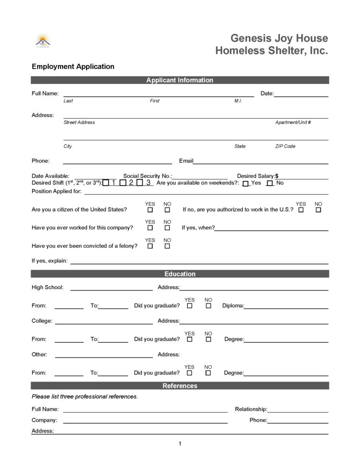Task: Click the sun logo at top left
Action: (x=43, y=40)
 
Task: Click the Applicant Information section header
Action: (x=180, y=80)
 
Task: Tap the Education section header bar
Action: (x=180, y=274)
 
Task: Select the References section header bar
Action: (x=180, y=386)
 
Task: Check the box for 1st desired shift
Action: (x=106, y=183)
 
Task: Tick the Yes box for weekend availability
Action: (x=246, y=184)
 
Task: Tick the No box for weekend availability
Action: (x=270, y=184)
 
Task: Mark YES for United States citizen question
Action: (x=150, y=210)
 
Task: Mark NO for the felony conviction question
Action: (x=167, y=246)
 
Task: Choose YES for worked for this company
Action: (x=150, y=228)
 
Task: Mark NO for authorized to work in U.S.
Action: (x=318, y=210)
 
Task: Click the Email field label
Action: (x=186, y=161)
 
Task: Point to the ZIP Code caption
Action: (x=285, y=146)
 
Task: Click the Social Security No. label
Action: (x=148, y=176)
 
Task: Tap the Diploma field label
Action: (x=233, y=306)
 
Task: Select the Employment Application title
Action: (x=73, y=67)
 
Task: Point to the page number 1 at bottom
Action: (x=180, y=444)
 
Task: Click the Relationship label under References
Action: (x=251, y=409)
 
